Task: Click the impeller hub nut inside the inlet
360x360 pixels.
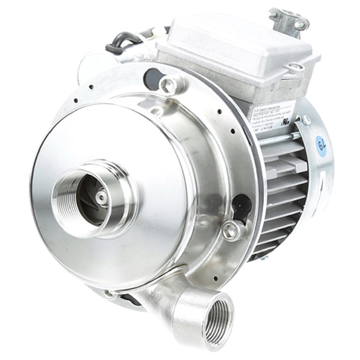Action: (102, 197)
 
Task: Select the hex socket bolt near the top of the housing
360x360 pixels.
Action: (168, 84)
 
